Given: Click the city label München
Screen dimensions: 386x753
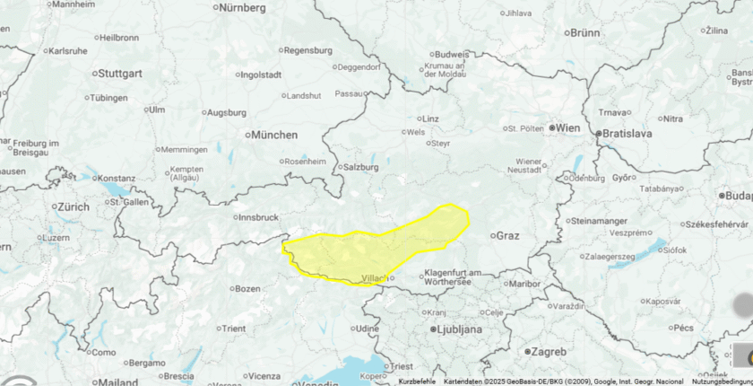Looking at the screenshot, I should [273, 135].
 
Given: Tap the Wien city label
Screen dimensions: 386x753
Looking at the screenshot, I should [568, 128].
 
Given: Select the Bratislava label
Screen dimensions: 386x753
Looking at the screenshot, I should [627, 134].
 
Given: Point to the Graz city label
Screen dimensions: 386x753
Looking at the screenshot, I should [507, 236].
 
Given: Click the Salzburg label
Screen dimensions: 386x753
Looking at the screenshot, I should [360, 167].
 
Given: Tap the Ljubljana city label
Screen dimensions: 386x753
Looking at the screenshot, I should [458, 329].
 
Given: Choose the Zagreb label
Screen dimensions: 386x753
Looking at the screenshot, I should [548, 351].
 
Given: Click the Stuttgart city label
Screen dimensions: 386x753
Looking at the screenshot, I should [119, 73].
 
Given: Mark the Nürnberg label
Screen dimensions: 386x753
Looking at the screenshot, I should [242, 8].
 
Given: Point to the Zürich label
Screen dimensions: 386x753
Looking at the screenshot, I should [74, 207].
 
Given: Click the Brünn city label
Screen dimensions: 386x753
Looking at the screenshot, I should [584, 33].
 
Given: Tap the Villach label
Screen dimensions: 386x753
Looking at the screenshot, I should [370, 278].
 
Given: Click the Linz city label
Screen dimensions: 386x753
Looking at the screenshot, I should [430, 118].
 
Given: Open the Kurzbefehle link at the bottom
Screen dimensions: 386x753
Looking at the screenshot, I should [417, 382].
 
